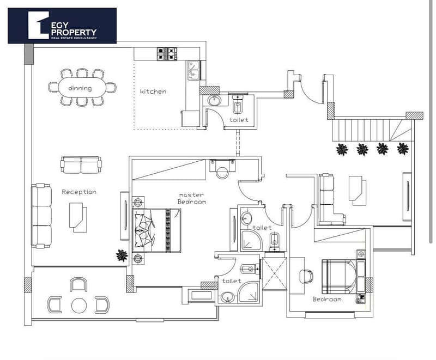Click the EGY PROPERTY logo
tap(62, 26)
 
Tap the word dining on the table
tap(80, 88)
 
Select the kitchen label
tap(153, 91)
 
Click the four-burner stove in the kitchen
tap(167, 54)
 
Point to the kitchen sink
tap(194, 71)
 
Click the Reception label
tap(79, 192)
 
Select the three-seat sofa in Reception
tap(41, 216)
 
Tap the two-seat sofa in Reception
tap(81, 164)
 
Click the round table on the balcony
tap(79, 306)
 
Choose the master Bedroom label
tap(192, 198)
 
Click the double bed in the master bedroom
tap(157, 230)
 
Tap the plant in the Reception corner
tap(122, 255)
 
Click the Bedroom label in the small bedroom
tap(327, 299)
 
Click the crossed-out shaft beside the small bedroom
tap(275, 273)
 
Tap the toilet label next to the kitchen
tap(239, 120)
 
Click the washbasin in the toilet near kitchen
tap(214, 100)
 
